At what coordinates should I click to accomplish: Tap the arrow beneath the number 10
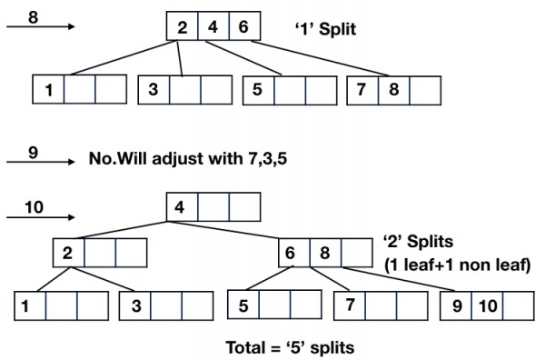(x=40, y=216)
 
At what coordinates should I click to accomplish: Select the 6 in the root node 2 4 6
(x=243, y=26)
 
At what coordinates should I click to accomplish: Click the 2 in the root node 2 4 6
(x=182, y=26)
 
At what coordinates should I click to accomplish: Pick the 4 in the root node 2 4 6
(x=213, y=26)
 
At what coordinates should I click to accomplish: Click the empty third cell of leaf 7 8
(x=426, y=89)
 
